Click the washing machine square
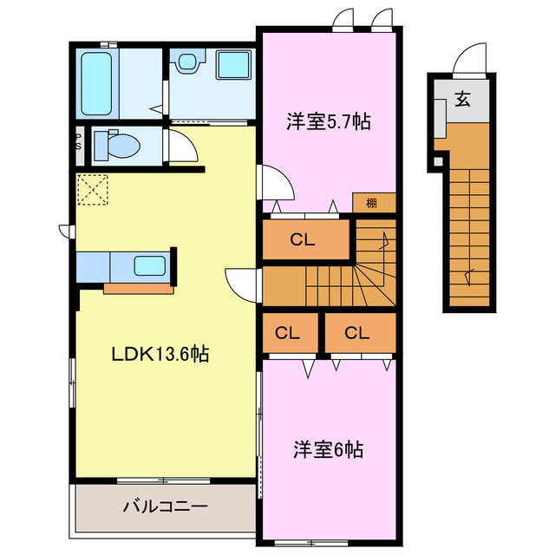click(x=232, y=67)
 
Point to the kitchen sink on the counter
click(x=151, y=266)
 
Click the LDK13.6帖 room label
click(x=159, y=354)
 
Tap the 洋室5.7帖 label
click(x=329, y=122)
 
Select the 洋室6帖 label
click(x=327, y=450)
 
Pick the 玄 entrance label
click(x=462, y=99)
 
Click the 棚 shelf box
click(x=372, y=203)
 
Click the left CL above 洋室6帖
click(x=288, y=333)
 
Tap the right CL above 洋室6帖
click(x=357, y=333)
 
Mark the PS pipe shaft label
click(x=78, y=141)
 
